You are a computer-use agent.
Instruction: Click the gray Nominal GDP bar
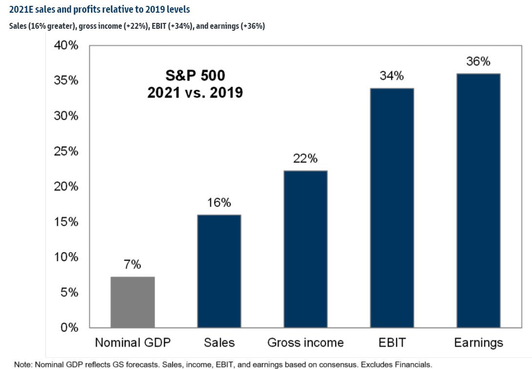tap(133, 302)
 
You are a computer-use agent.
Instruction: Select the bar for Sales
tap(219, 271)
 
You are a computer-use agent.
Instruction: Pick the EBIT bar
tap(392, 208)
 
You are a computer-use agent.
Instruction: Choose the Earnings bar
tap(478, 200)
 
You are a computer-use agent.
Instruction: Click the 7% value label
tap(133, 265)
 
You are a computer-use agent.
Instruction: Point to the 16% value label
tap(219, 203)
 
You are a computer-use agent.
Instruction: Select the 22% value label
tap(305, 158)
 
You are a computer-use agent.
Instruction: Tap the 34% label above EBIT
tap(392, 76)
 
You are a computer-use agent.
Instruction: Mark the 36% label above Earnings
tap(478, 61)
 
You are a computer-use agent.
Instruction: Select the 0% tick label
tap(68, 328)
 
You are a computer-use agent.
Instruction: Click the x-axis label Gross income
tap(305, 343)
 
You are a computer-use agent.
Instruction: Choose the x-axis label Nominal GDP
tap(133, 343)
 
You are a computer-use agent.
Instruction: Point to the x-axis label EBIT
tap(392, 343)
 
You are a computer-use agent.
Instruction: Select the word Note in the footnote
tap(22, 364)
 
